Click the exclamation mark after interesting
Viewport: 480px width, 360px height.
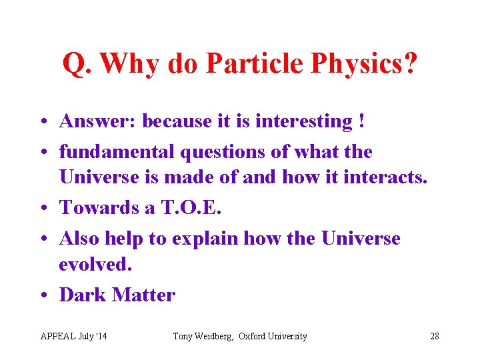(361, 121)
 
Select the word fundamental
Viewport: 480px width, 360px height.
(114, 151)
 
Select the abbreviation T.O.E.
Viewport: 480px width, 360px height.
(191, 207)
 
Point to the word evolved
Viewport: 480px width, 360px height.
(96, 264)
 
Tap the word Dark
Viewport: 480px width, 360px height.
(83, 295)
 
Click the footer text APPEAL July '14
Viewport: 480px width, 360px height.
(73, 336)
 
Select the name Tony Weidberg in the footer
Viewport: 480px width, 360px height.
(203, 336)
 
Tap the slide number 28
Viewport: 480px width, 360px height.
(434, 336)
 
